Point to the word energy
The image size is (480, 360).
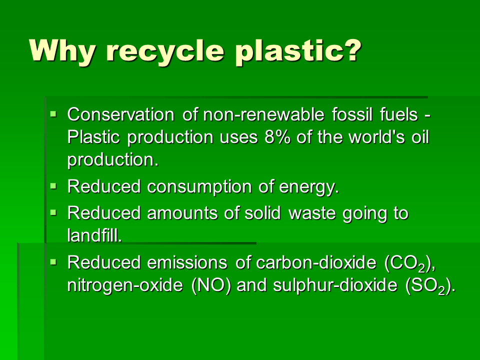(x=310, y=188)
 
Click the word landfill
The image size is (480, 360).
(x=94, y=235)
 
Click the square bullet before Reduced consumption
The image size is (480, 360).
(x=54, y=186)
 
